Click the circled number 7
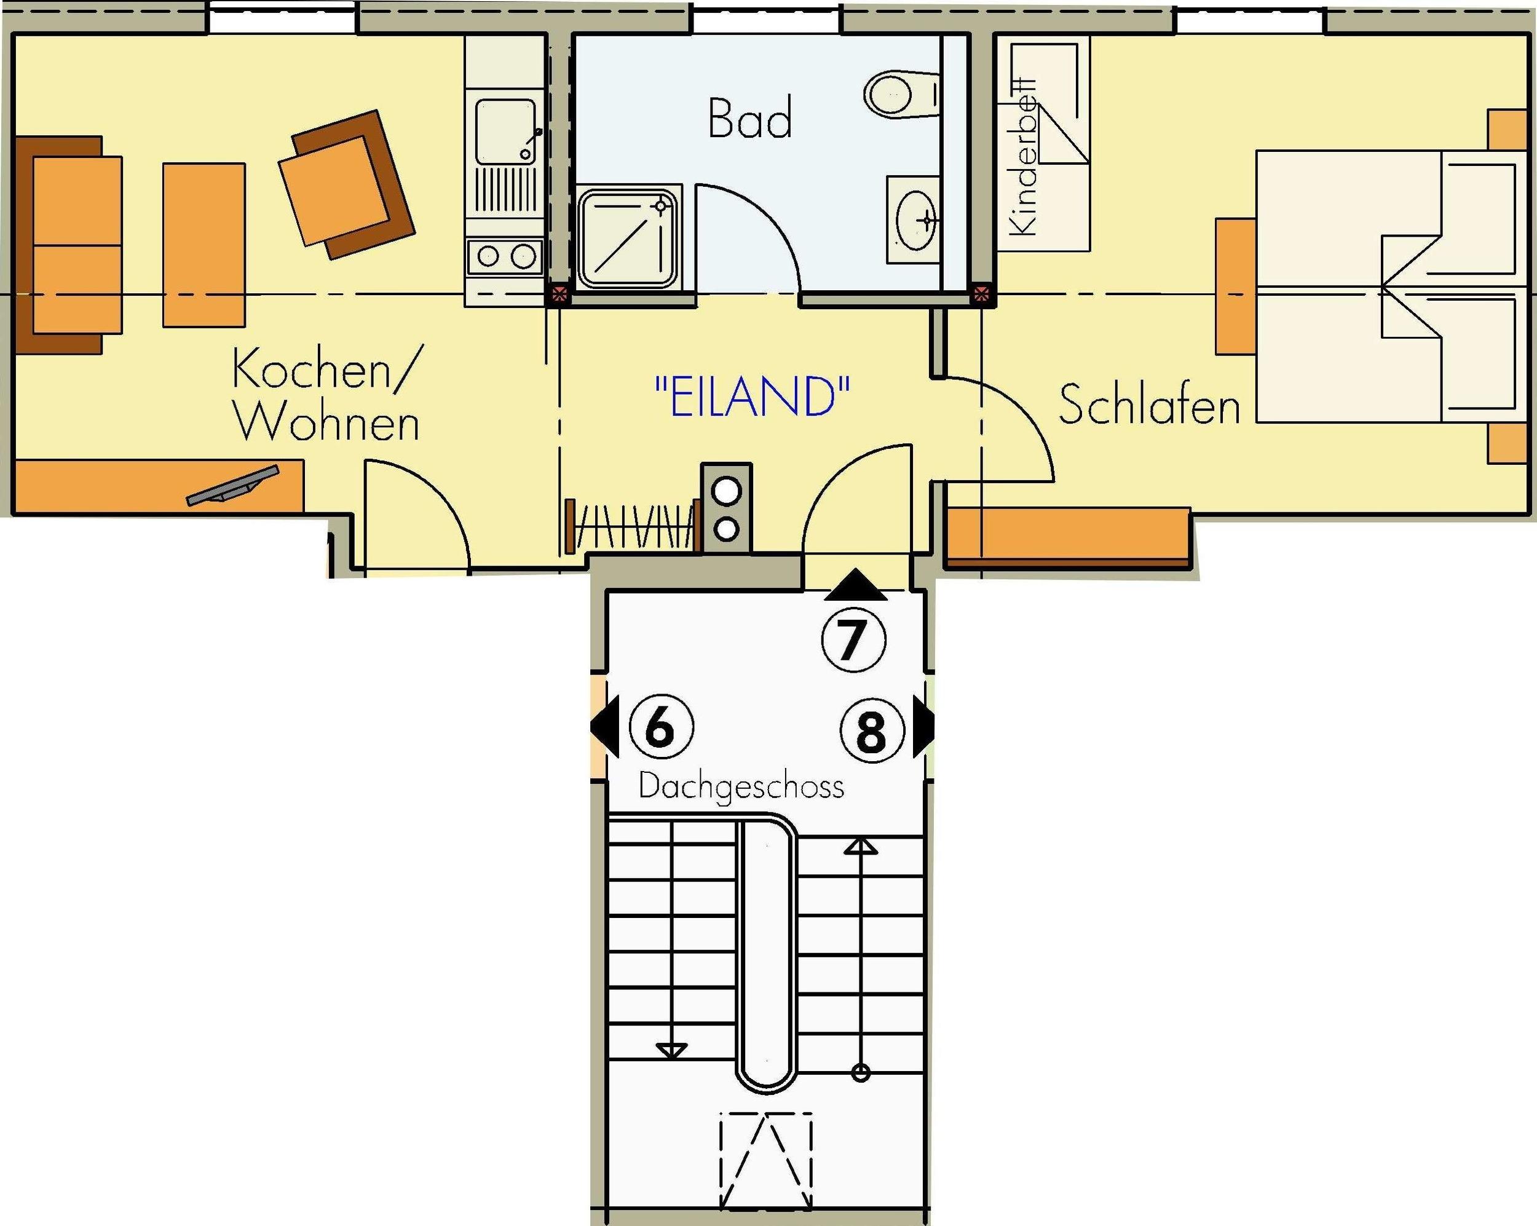coord(853,639)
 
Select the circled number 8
coord(871,730)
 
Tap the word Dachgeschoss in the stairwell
coord(741,787)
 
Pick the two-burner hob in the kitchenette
coord(505,256)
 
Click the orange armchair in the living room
coord(346,184)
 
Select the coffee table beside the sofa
coord(204,245)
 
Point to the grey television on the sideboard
coord(233,486)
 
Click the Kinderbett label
coord(1024,156)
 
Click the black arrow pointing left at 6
coord(604,729)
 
